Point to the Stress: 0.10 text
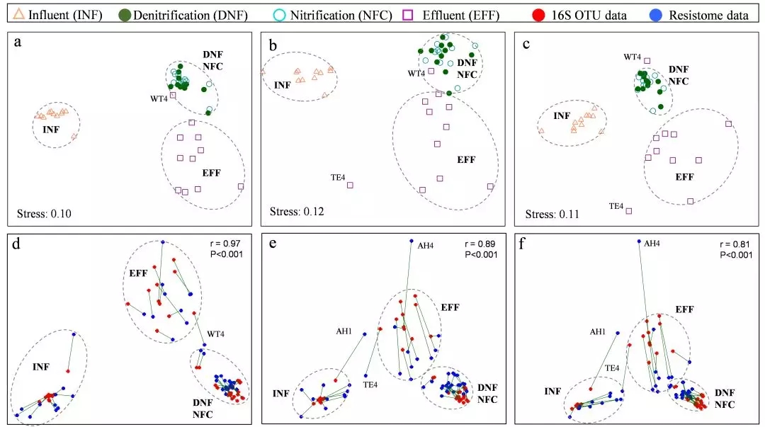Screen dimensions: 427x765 [44, 212]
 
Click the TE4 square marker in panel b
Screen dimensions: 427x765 [350, 186]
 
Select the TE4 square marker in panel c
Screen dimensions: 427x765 [629, 211]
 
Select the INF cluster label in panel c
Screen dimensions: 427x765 [562, 115]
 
